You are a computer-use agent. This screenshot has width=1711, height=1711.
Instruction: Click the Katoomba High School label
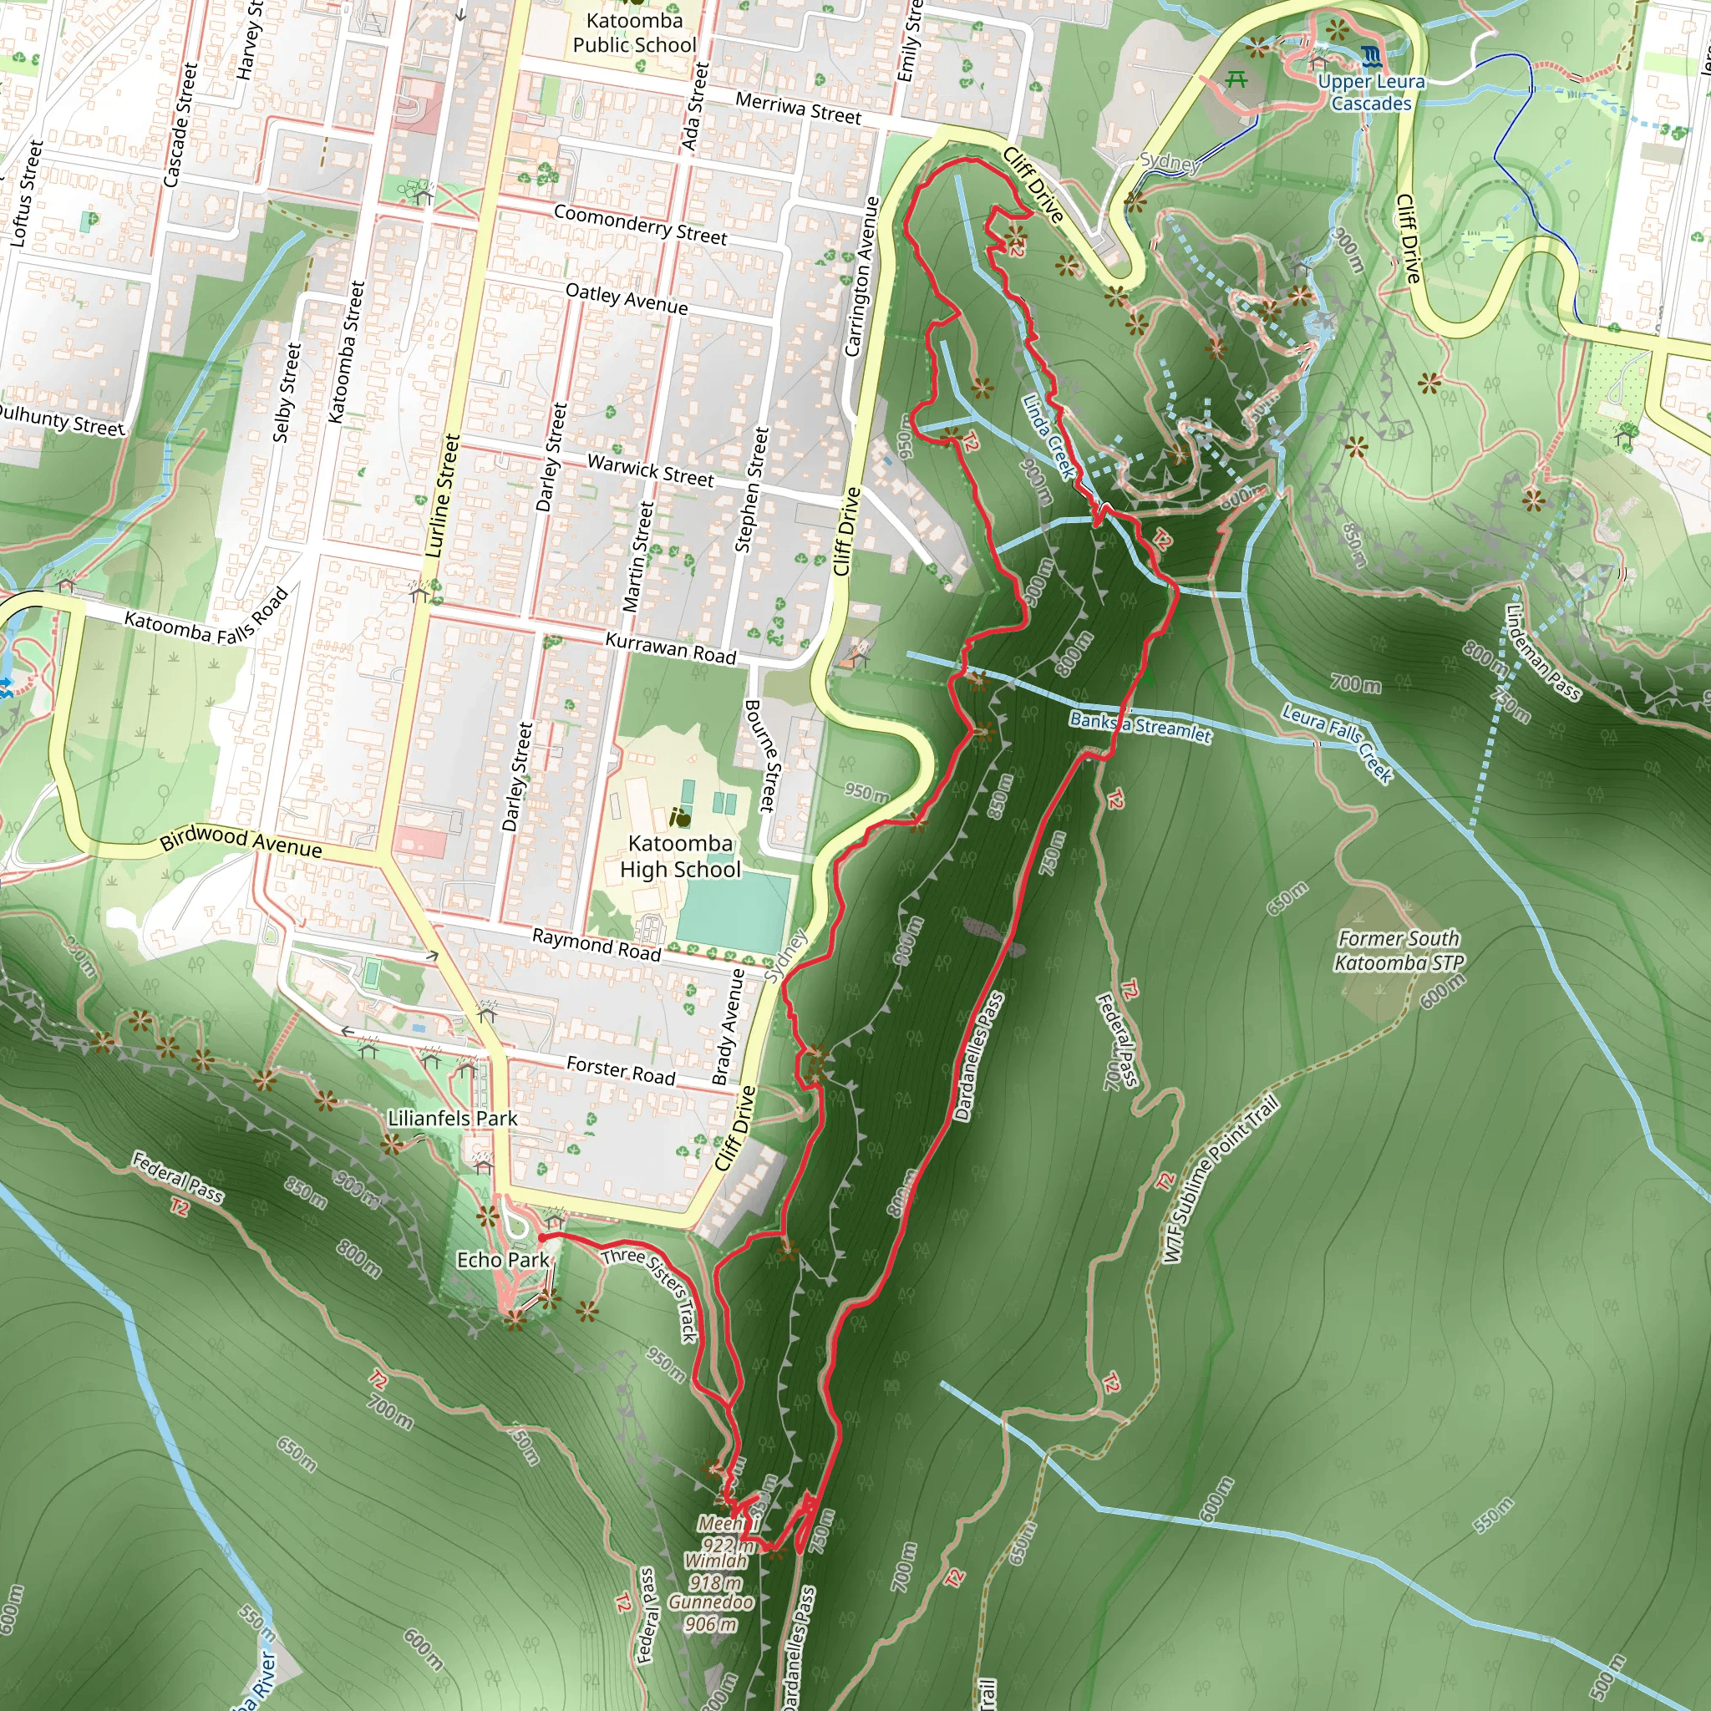679,856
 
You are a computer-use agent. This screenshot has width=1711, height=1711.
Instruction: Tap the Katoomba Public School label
634,33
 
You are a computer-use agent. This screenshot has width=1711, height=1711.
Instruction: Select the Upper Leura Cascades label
1371,92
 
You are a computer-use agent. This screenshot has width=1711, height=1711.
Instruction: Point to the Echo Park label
502,1259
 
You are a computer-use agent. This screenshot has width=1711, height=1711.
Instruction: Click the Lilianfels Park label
453,1119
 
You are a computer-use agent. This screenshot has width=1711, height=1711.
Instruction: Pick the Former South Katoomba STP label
1399,950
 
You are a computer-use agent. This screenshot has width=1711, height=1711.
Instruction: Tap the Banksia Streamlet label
1140,726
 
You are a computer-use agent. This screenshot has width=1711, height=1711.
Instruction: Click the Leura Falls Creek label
1338,742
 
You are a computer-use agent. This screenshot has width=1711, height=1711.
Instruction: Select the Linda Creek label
1048,437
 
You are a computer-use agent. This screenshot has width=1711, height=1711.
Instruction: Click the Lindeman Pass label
1542,651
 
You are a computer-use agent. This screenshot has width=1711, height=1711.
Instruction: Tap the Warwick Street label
650,470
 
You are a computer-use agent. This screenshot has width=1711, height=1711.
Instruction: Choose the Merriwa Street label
798,109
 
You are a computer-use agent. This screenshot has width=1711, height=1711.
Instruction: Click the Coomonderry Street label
639,224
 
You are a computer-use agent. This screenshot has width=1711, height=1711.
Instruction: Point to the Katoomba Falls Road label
206,618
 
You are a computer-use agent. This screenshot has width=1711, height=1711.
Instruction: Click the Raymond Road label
596,945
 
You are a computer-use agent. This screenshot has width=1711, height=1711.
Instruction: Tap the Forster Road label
620,1071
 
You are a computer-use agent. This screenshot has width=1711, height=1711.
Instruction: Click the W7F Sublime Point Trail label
1221,1179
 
